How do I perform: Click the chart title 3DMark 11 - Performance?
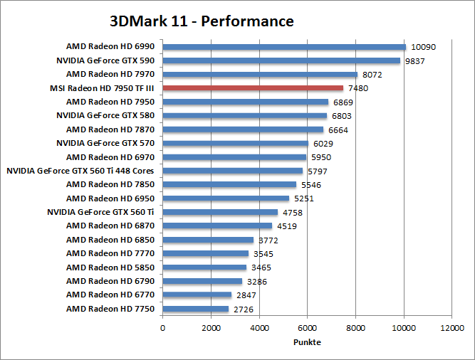(x=202, y=21)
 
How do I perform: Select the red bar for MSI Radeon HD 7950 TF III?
(x=253, y=88)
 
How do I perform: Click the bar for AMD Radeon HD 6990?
(x=284, y=47)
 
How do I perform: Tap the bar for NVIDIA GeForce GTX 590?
(x=281, y=60)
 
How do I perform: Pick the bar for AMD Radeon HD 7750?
(x=196, y=309)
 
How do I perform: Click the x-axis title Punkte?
(x=307, y=342)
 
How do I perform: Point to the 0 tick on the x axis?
(x=163, y=328)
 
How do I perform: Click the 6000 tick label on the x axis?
(x=307, y=328)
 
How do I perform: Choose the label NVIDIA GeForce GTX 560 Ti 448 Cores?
(x=80, y=171)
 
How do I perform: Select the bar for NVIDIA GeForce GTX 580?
(x=245, y=116)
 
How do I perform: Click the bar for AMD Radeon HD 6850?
(x=208, y=240)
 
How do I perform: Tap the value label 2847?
(x=246, y=295)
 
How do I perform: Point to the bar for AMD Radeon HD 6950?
(x=226, y=198)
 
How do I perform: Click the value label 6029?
(x=324, y=143)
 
